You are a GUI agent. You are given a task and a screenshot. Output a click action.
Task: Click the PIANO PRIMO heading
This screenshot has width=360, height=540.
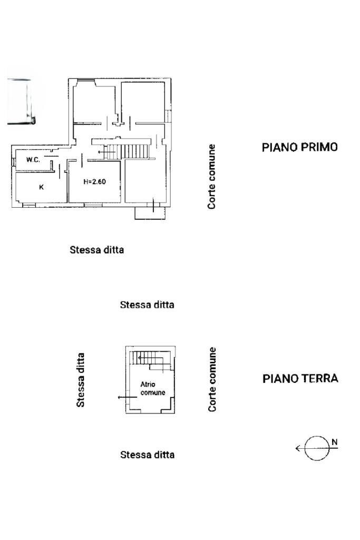click(x=299, y=147)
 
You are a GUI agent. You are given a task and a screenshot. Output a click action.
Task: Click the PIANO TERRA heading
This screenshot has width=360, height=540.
click(x=300, y=378)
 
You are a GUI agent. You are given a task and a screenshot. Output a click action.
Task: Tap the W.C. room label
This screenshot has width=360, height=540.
click(x=33, y=159)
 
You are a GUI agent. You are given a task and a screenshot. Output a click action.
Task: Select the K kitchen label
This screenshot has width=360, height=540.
click(x=41, y=187)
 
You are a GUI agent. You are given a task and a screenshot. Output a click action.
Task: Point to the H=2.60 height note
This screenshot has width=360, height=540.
click(x=95, y=182)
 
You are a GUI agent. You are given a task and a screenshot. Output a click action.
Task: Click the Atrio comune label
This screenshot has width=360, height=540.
click(x=152, y=389)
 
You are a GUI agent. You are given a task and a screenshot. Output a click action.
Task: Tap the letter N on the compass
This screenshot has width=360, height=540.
click(x=334, y=442)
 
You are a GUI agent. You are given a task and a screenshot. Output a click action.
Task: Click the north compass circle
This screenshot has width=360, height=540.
click(x=316, y=449)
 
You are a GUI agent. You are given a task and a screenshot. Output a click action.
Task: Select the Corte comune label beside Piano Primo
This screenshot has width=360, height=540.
click(x=211, y=177)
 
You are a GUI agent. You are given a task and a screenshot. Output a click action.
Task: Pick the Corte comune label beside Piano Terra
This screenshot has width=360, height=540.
click(x=212, y=379)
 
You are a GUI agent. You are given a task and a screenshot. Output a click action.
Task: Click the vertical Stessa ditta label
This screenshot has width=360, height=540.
click(x=81, y=380)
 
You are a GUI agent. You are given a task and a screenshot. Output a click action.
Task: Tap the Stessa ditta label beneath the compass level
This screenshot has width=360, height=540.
click(x=148, y=455)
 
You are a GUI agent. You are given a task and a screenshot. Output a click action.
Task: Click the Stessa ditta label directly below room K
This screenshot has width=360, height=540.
click(x=97, y=250)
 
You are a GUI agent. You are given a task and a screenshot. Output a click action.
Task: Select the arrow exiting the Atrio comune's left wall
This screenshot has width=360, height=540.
click(x=123, y=397)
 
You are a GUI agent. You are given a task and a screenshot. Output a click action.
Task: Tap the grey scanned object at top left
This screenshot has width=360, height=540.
click(x=20, y=101)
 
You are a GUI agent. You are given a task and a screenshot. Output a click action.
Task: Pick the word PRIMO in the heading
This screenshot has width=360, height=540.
click(x=318, y=147)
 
